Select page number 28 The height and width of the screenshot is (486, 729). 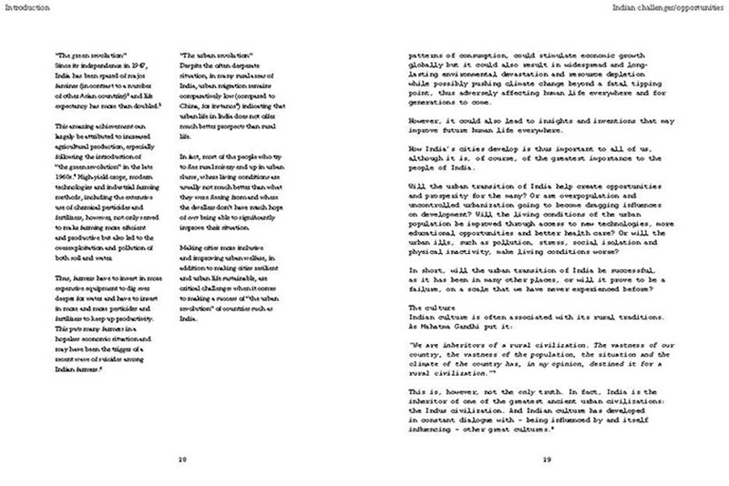[182, 459]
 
